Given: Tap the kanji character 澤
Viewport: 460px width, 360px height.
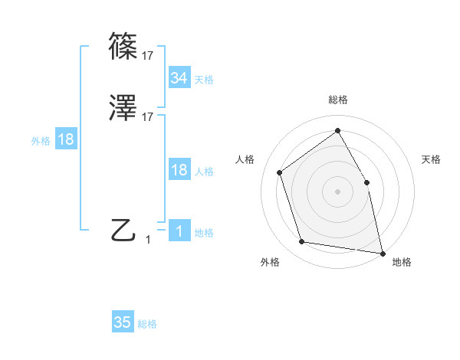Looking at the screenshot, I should pos(124,109).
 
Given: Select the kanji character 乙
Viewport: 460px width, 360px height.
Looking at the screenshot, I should pos(124,229).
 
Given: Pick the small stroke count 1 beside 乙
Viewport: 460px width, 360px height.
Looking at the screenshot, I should pos(149,240).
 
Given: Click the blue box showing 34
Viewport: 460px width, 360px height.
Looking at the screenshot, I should pos(179,78).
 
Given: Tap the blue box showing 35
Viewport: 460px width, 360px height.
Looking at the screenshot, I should pos(123,322).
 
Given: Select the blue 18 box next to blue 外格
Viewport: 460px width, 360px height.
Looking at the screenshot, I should pos(66,139).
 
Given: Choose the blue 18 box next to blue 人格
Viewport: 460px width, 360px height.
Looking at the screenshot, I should pos(179,170).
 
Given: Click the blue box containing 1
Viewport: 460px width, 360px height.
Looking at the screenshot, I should pos(179,231).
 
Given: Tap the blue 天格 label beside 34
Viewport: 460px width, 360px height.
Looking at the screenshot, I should pos(204,80).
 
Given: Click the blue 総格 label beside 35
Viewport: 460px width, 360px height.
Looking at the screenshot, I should pos(147,324).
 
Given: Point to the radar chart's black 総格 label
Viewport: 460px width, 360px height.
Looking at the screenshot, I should pos(338,100).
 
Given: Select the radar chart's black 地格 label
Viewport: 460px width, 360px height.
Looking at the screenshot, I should pos(402,262).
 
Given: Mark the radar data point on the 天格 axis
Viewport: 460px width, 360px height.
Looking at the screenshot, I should pos(366,182).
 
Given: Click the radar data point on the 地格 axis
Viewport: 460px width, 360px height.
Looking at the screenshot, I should pos(383,253).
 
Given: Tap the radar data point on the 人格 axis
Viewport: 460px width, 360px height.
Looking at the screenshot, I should pos(280,172).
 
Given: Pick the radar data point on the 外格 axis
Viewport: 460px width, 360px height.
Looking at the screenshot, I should pos(302,242).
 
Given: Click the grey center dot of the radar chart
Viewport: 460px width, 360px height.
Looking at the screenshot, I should pos(338,191).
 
